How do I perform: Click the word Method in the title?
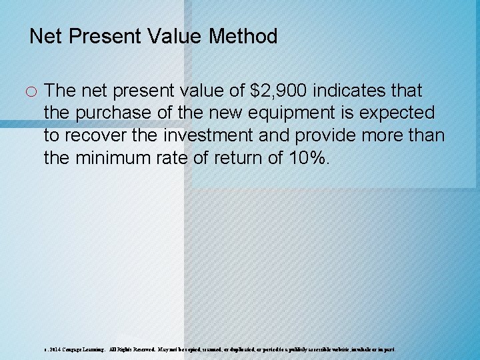pyautogui.click(x=243, y=36)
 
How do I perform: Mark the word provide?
pyautogui.click(x=324, y=135)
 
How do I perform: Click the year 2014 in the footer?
pyautogui.click(x=55, y=349)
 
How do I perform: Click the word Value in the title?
pyautogui.click(x=177, y=36)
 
